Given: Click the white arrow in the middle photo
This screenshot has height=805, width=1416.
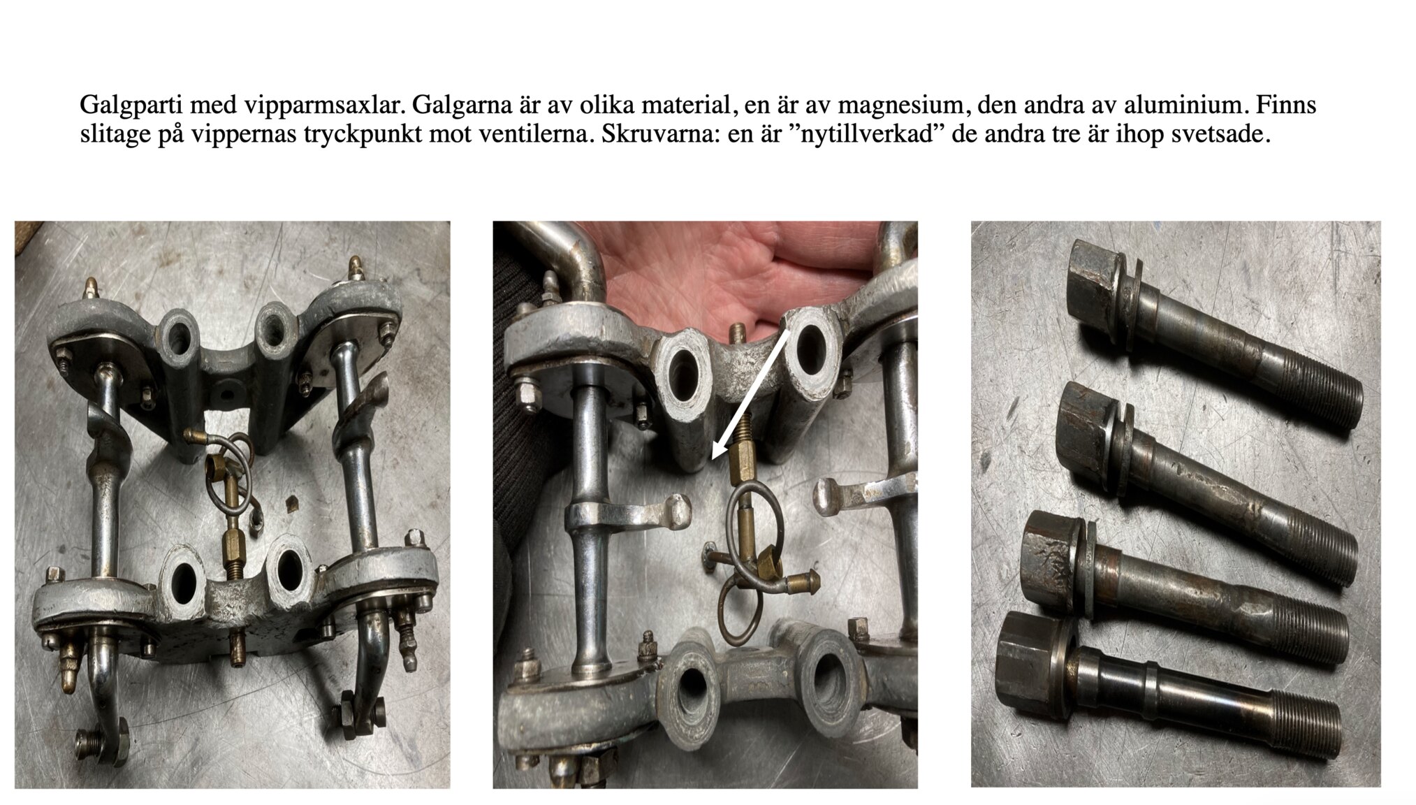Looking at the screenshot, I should [x=751, y=396].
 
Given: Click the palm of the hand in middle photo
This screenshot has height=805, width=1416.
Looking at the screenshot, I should [x=699, y=273].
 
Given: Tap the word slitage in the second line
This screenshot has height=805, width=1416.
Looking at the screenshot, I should [x=112, y=134].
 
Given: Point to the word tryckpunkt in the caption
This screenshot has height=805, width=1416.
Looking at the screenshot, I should [x=363, y=134].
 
